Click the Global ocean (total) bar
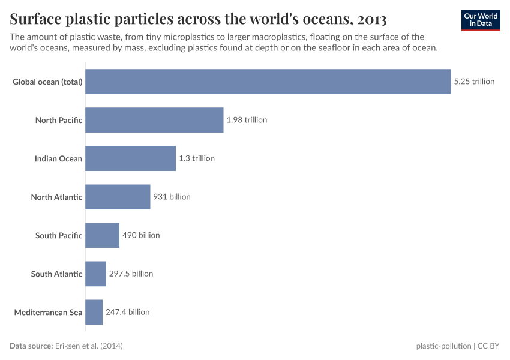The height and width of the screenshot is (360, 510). tap(268, 82)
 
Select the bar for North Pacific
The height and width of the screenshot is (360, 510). tap(154, 120)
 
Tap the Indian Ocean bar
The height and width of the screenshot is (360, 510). tap(130, 158)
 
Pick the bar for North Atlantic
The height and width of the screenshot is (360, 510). tap(118, 197)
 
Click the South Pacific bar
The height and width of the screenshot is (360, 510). tap(102, 235)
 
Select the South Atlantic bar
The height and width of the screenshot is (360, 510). tap(95, 274)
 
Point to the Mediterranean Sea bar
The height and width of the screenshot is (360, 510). tap(94, 312)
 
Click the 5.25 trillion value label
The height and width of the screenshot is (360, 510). tap(474, 82)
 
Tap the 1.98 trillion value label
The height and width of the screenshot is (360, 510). tap(247, 120)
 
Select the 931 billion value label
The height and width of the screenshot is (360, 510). tap(172, 197)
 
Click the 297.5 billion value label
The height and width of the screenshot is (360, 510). tap(131, 274)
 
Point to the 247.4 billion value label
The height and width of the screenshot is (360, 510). tap(127, 312)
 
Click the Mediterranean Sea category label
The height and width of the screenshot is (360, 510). tap(48, 312)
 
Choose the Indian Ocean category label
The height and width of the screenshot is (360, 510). tap(58, 158)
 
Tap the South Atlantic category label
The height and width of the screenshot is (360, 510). tap(56, 274)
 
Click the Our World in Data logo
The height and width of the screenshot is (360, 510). tap(480, 20)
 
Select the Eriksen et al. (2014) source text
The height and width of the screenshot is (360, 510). tap(89, 346)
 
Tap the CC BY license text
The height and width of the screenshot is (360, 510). tap(488, 346)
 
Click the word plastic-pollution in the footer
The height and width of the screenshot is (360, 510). tap(443, 346)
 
